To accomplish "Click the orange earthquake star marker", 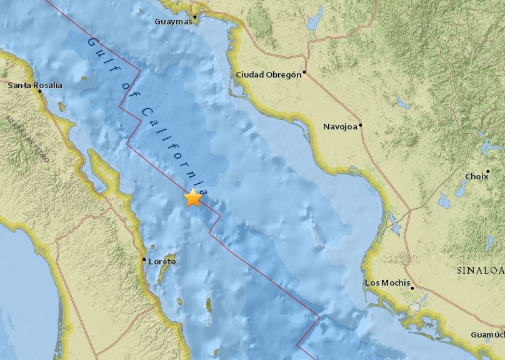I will (x=193, y=197).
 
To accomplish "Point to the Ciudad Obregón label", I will (x=268, y=75).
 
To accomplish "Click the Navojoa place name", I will (x=339, y=127).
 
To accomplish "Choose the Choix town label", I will (x=476, y=177).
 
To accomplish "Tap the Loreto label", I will (x=162, y=261).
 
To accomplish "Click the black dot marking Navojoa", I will (x=361, y=125).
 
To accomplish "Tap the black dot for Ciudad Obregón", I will (x=304, y=72).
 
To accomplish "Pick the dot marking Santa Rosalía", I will (x=39, y=91).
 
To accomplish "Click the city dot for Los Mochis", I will (x=412, y=287).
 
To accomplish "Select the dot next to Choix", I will (x=487, y=171).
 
